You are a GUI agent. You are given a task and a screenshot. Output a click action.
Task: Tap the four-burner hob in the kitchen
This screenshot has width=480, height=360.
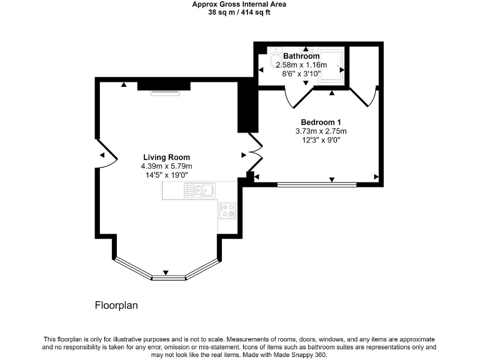pyautogui.click(x=227, y=211)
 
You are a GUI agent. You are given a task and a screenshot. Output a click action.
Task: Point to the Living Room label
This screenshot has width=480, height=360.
pyautogui.click(x=166, y=157)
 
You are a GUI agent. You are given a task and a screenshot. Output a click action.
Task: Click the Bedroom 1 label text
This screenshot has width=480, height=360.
pyautogui.click(x=321, y=122)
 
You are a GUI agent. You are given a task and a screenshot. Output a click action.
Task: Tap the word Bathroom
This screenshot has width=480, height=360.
pyautogui.click(x=301, y=56)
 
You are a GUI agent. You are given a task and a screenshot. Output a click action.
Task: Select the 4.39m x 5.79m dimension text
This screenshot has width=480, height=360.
pyautogui.click(x=166, y=166)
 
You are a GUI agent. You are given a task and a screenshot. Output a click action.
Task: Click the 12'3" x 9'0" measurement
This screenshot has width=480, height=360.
pyautogui.click(x=321, y=140)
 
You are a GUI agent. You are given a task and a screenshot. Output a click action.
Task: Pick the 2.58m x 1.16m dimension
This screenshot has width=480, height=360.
pyautogui.click(x=301, y=65)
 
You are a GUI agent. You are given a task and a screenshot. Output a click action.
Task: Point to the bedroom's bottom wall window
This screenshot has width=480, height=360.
pyautogui.click(x=317, y=184)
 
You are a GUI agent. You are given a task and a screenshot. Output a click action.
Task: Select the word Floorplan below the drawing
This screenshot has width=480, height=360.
pyautogui.click(x=116, y=306)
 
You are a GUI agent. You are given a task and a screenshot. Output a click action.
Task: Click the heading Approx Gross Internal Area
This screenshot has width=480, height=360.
pyautogui.click(x=239, y=4)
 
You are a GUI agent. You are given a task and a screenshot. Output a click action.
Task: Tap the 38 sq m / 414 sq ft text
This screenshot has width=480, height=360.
pyautogui.click(x=239, y=12)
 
